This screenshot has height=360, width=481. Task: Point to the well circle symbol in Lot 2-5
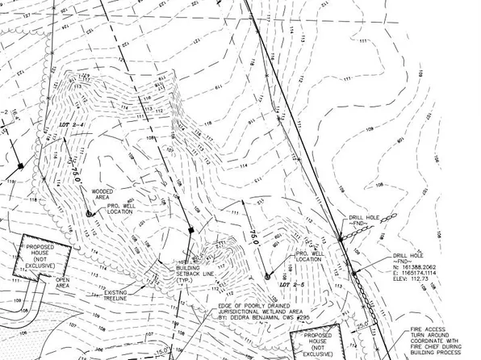[x=268, y=276]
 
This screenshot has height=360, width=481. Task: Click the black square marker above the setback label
[x=190, y=231]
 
